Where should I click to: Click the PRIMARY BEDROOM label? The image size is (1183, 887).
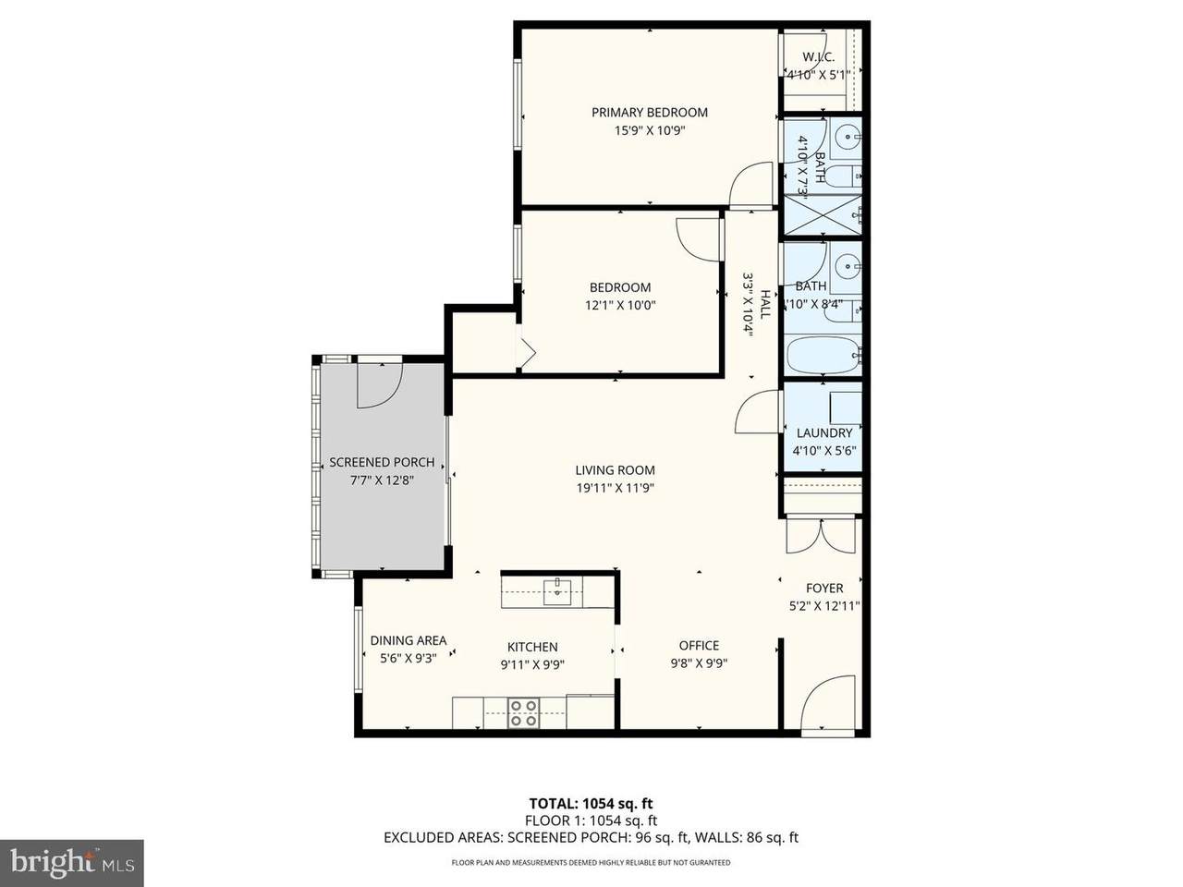point(650,113)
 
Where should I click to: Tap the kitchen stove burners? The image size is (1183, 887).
point(524,712)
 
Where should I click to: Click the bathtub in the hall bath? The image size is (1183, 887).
point(823,356)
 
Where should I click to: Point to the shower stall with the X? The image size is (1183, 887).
point(823,214)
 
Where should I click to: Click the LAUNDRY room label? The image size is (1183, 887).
point(824,433)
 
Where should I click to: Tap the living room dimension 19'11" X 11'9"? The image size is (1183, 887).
point(615,488)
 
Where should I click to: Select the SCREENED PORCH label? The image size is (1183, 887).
point(382,462)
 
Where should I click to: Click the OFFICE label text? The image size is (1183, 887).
point(699,645)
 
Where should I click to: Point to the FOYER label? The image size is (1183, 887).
point(824,589)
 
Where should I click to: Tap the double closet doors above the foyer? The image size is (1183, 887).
point(821,535)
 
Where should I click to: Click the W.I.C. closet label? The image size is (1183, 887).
point(818,56)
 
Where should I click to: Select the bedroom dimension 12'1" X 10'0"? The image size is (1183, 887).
point(620,305)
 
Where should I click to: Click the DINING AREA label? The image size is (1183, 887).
point(408,640)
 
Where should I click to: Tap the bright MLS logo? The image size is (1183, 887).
point(72,863)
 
